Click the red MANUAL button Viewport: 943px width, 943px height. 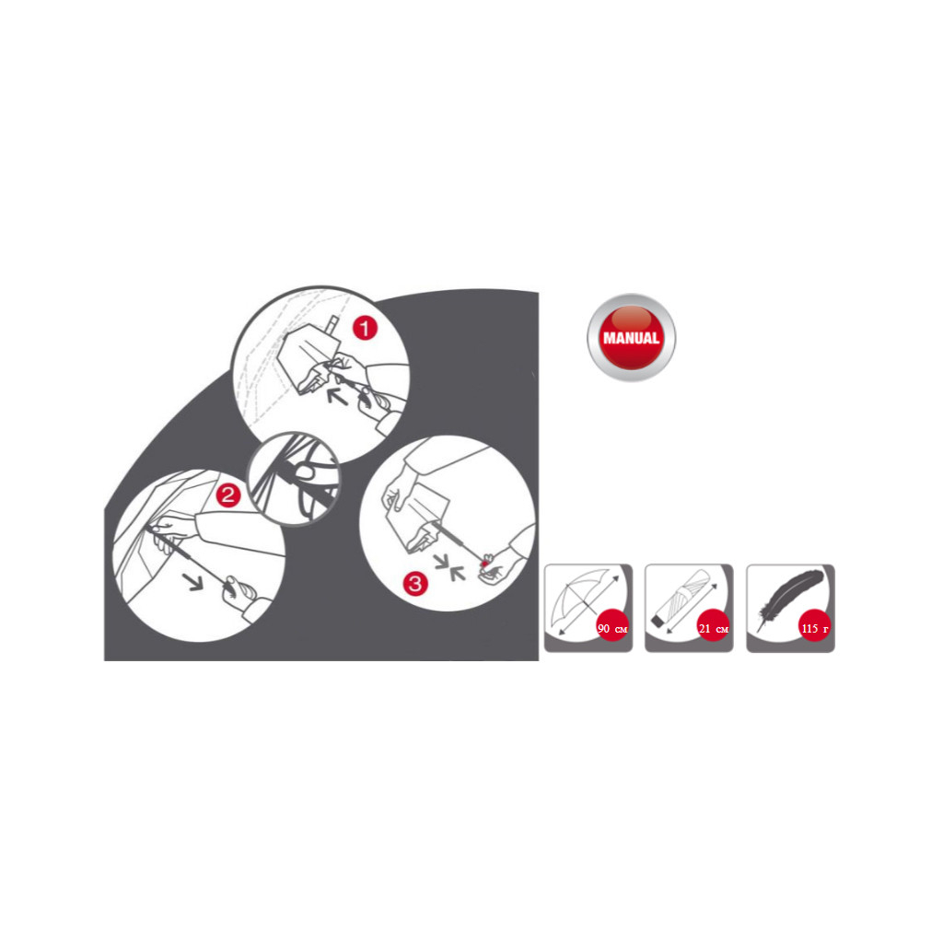click(x=631, y=337)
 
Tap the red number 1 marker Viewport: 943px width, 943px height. click(x=367, y=328)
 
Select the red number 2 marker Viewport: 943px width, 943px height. click(x=228, y=495)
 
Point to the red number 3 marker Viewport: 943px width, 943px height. click(x=415, y=582)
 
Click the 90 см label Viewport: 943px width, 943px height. click(x=613, y=628)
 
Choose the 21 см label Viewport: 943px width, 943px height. click(x=714, y=628)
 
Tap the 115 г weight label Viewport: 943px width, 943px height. click(x=814, y=628)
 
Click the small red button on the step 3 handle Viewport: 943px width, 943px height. click(x=484, y=558)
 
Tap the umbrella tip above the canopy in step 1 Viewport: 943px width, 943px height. click(x=329, y=323)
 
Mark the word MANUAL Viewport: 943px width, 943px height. click(x=631, y=338)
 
